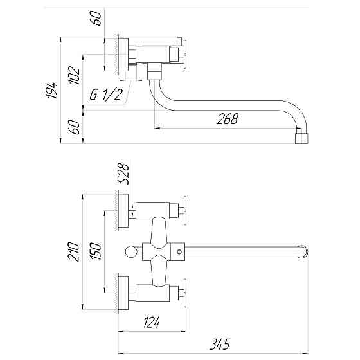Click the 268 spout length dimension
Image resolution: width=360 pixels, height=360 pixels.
tap(228, 118)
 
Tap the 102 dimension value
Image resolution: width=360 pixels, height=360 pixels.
tap(76, 76)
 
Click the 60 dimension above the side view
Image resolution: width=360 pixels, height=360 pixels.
tap(98, 17)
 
